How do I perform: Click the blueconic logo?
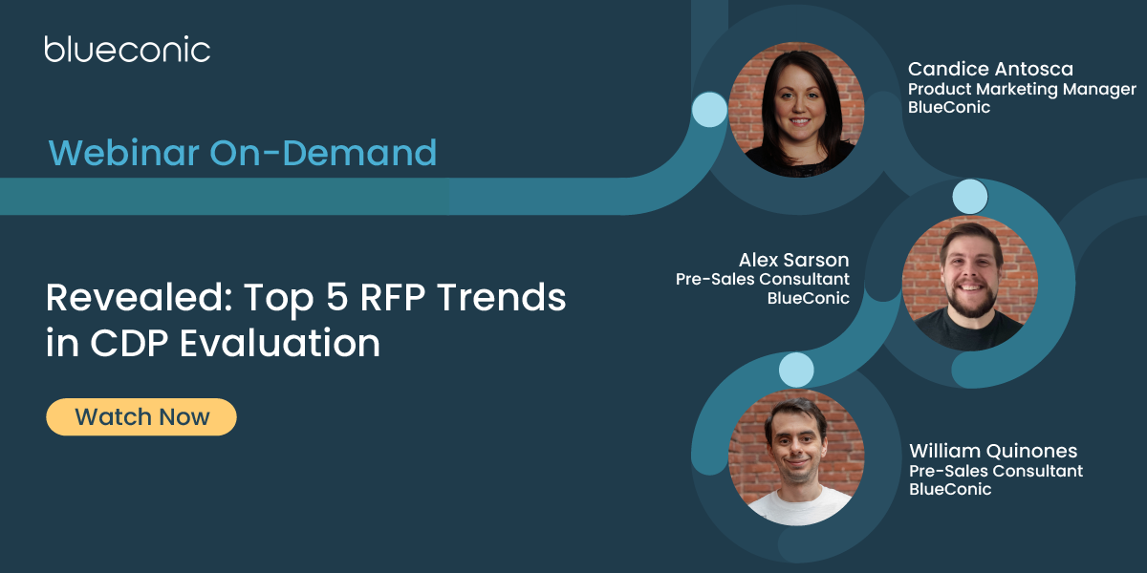127,49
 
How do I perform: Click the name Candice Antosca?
990,69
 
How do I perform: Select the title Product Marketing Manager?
1022,89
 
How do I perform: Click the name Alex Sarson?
793,260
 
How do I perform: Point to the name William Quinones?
993,450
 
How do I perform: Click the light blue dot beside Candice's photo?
709,110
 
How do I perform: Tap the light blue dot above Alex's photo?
970,197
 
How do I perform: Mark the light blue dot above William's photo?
796,369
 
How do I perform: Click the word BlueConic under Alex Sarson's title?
808,298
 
